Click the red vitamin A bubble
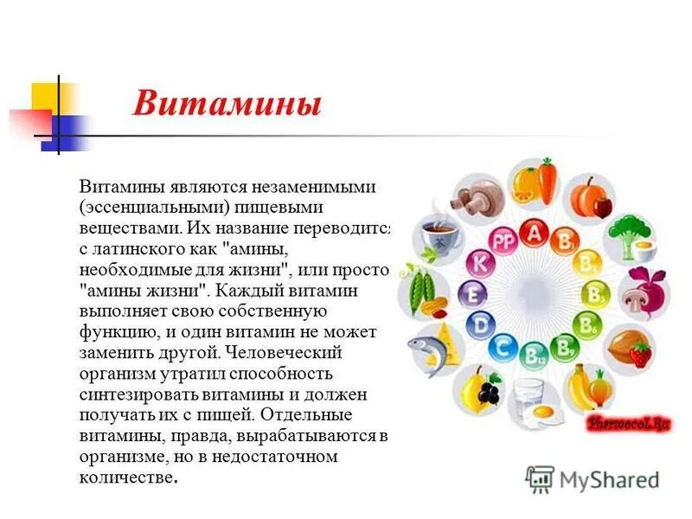[x=534, y=232]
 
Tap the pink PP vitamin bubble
[x=503, y=241]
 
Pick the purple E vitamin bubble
[x=472, y=294]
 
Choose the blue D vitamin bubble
[x=481, y=324]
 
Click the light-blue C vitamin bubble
[x=503, y=347]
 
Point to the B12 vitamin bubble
[x=534, y=353]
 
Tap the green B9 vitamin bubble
[x=565, y=347]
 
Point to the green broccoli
[x=622, y=231]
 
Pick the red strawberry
[x=640, y=354]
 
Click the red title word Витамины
[x=227, y=105]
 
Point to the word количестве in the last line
[x=127, y=477]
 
